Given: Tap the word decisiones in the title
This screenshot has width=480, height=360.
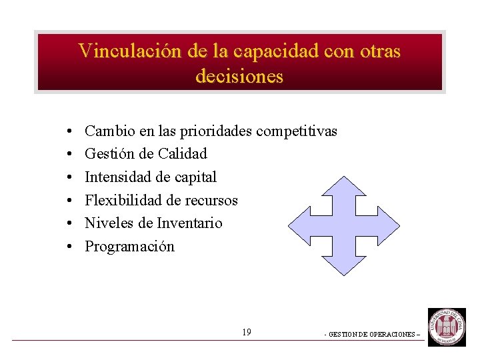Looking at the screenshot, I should [239, 76].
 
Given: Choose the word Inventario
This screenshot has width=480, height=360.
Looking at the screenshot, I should [189, 223].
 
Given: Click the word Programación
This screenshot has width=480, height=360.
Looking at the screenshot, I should [129, 247].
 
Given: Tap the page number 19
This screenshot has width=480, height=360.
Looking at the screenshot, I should [247, 332].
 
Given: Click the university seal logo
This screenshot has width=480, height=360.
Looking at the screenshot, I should [447, 327].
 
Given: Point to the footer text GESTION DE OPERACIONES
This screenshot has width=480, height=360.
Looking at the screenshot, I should [373, 334].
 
